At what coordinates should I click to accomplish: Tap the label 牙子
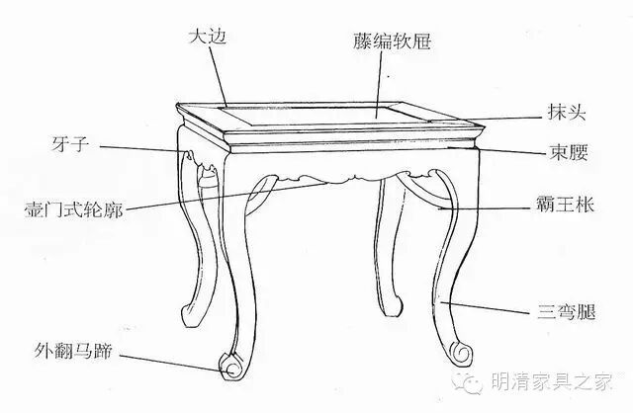66,145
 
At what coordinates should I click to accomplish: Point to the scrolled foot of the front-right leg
458,348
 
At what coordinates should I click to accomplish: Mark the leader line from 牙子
138,149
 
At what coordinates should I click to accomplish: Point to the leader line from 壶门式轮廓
218,197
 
